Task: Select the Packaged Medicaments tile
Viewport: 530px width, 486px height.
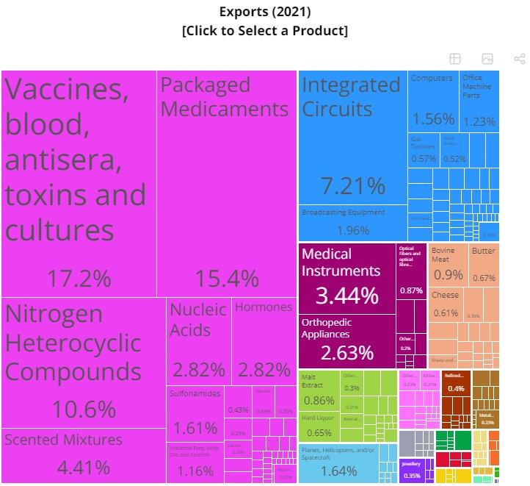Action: [x=226, y=184]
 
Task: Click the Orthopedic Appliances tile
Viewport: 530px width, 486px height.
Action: [x=346, y=342]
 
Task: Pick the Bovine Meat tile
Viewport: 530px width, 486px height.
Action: [x=448, y=265]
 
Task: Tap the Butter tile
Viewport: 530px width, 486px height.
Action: [x=484, y=265]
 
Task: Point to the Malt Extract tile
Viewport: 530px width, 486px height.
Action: [x=319, y=390]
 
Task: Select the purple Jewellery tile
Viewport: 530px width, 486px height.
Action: [x=412, y=470]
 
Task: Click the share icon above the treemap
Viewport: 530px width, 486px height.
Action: [x=519, y=59]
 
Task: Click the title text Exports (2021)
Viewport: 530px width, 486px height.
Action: [x=264, y=12]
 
